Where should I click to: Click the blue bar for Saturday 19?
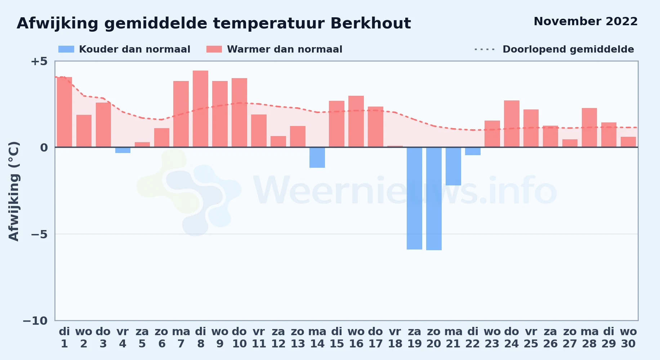point(414,198)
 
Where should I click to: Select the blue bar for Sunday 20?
point(434,199)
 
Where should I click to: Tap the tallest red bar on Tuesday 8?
point(200,109)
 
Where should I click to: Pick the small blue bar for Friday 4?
point(123,150)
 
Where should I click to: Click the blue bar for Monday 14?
point(317,157)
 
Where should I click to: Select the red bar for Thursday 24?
point(512,124)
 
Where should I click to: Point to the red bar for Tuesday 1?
point(64,112)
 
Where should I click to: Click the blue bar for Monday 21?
point(453,166)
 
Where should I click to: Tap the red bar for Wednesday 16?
point(356,121)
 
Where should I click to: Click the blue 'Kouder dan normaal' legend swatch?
point(66,49)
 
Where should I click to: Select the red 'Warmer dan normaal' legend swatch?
point(214,49)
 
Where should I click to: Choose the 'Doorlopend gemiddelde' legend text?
point(568,49)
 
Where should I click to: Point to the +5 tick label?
point(39,61)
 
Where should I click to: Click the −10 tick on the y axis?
point(35,321)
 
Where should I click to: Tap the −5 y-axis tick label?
point(39,234)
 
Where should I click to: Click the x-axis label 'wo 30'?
point(628,338)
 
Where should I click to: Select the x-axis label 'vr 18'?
point(395,338)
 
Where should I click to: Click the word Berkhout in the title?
point(370,23)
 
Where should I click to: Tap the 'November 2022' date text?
point(585,21)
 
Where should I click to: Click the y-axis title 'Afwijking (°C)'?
point(14,191)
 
